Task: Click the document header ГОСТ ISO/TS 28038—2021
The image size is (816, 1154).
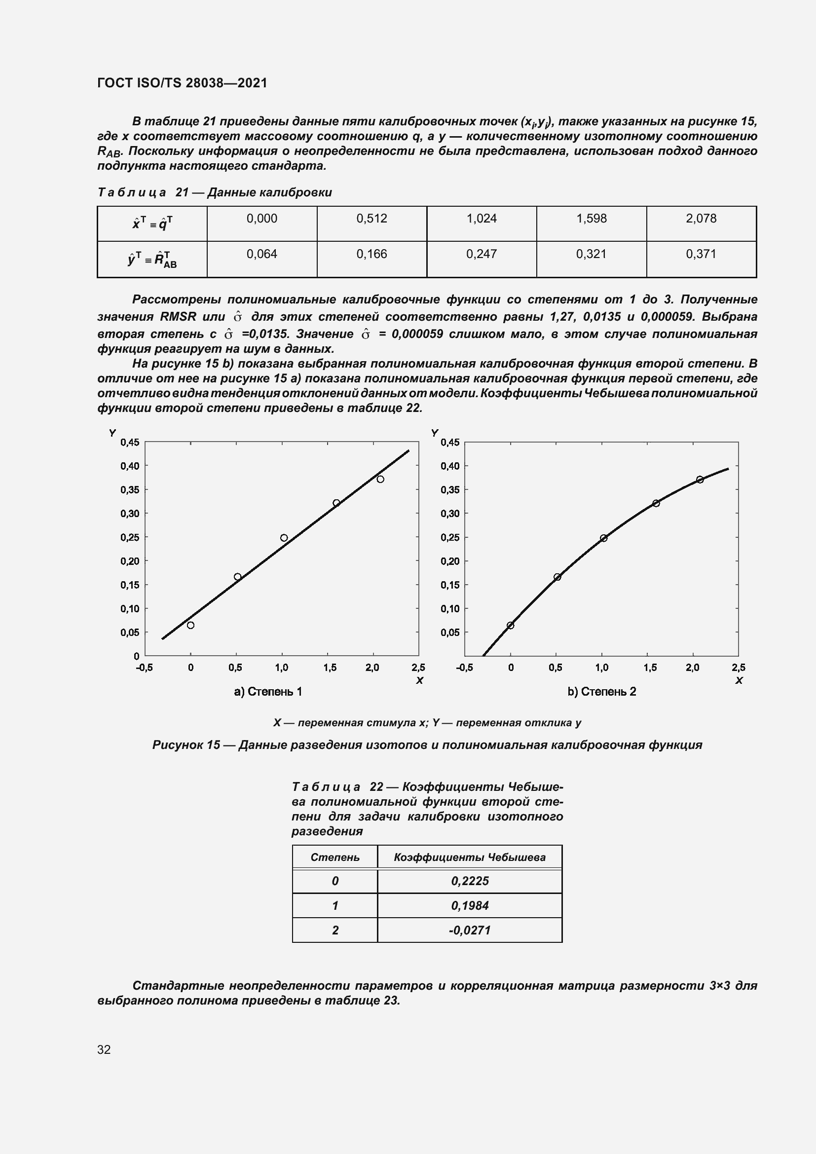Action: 182,83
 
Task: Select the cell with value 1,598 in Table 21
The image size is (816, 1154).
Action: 591,219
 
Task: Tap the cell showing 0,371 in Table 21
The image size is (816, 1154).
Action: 701,254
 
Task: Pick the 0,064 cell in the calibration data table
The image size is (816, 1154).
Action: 261,254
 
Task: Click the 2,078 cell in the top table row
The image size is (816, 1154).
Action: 701,219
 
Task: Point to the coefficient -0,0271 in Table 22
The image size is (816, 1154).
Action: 469,931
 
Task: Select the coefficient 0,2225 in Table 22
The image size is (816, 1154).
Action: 469,881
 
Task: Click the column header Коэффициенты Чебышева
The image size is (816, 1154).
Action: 469,857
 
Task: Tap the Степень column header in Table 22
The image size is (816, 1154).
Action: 334,857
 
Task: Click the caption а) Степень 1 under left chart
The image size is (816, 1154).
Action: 268,692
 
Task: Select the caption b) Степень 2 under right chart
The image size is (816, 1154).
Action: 601,692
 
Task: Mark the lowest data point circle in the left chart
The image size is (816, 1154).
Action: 190,625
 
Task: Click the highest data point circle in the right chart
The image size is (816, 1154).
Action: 700,480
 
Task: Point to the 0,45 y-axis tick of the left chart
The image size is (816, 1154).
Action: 129,442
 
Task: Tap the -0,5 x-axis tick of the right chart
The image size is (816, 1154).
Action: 464,668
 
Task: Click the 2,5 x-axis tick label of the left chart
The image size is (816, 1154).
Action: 418,668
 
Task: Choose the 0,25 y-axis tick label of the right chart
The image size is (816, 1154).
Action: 450,537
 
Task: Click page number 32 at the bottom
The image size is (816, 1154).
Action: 104,1050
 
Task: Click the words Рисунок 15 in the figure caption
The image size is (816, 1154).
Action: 186,745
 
